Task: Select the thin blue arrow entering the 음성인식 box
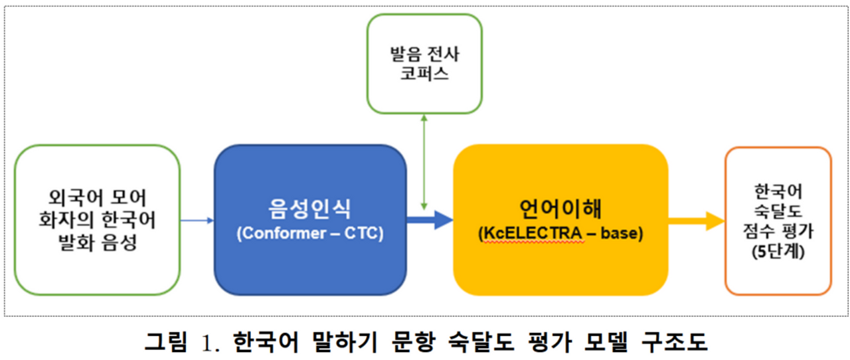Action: point(197,220)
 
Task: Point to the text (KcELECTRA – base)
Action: point(560,234)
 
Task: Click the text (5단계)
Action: point(778,252)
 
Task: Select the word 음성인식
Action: point(310,209)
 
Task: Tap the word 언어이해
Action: point(560,209)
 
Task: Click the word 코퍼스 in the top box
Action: point(424,73)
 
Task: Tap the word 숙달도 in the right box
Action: point(778,212)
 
